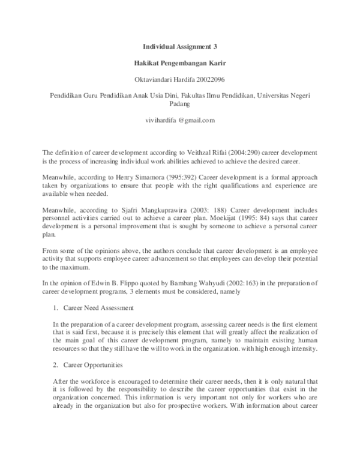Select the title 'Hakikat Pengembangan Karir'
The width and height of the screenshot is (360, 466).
[180, 62]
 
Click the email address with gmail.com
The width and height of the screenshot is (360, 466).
[180, 120]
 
